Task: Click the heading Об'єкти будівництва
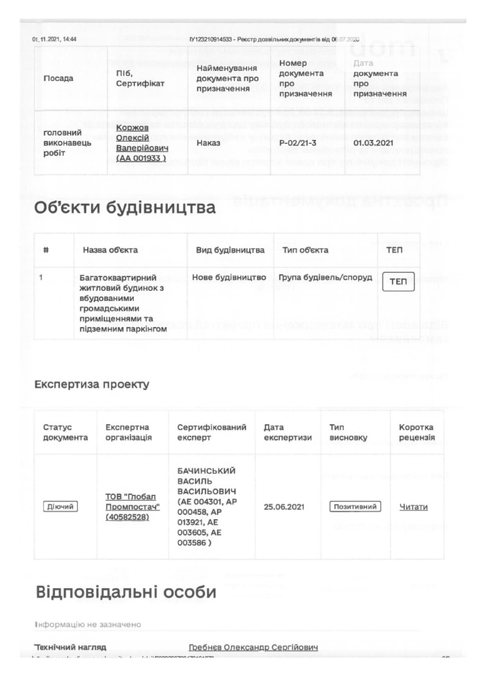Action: coord(125,208)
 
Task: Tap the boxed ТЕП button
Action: coord(398,282)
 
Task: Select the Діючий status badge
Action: coord(60,507)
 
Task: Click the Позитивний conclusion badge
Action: coord(355,507)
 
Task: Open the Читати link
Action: coord(413,507)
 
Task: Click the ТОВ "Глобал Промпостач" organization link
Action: coord(132,507)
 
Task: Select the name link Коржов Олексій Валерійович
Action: coord(142,143)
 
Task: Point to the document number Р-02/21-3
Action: coord(298,143)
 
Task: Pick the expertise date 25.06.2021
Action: coord(284,507)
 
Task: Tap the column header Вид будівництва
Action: coord(230,250)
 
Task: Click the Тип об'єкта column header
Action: coord(305,250)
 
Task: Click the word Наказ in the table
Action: coord(208,143)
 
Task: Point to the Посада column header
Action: coord(58,78)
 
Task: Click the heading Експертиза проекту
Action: coord(92,385)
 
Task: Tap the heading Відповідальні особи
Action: coord(126,592)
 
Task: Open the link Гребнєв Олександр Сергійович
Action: coord(253,647)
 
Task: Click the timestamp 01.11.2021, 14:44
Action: coord(54,39)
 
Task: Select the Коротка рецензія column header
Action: coord(417,432)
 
